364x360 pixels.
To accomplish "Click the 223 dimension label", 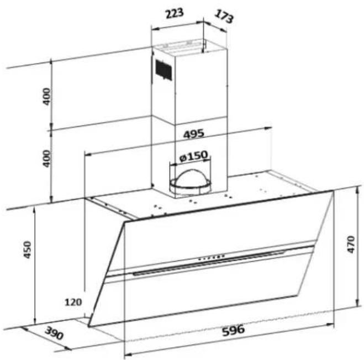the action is pos(175,13).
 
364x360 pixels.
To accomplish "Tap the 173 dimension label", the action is pos(224,16).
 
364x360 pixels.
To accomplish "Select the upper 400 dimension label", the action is pos(46,96).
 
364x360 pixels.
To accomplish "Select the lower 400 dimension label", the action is pos(46,159).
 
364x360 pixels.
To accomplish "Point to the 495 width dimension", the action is pos(194,134).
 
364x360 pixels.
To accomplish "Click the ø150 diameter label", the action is pos(193,156).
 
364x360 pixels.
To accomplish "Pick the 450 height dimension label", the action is pos(28,250).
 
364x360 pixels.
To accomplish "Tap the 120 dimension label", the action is pos(73,302).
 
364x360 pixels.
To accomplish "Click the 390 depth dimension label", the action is pos(54,333).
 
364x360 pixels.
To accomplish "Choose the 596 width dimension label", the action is pos(233,330).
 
